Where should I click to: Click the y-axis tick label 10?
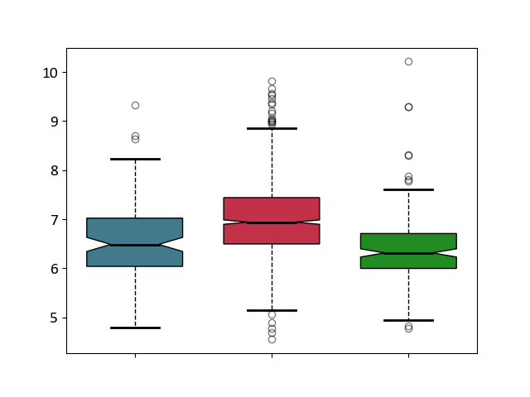pyautogui.click(x=50, y=73)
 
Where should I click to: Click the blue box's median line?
pyautogui.click(x=135, y=245)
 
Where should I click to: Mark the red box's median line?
pyautogui.click(x=272, y=222)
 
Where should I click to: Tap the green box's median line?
pyautogui.click(x=408, y=253)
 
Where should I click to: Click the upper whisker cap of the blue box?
pyautogui.click(x=135, y=159)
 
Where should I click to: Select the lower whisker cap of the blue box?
pyautogui.click(x=135, y=328)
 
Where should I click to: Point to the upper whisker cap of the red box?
pyautogui.click(x=272, y=128)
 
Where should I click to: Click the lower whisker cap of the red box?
pyautogui.click(x=272, y=310)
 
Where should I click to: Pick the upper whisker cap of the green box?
pyautogui.click(x=408, y=189)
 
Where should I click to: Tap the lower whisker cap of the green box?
pyautogui.click(x=408, y=320)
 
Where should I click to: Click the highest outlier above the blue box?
pyautogui.click(x=135, y=105)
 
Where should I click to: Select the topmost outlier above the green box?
pyautogui.click(x=408, y=61)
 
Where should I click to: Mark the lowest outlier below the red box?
pyautogui.click(x=272, y=339)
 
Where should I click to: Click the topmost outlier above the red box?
pyautogui.click(x=272, y=82)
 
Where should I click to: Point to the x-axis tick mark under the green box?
pyautogui.click(x=408, y=356)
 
